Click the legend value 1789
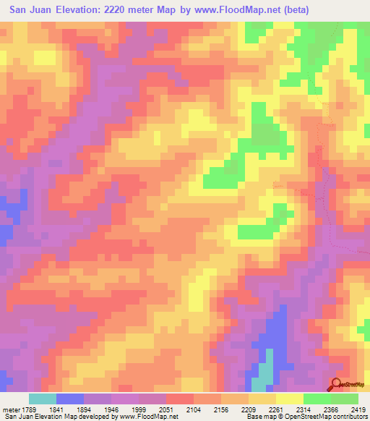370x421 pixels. tap(31, 409)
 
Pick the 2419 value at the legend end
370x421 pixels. tap(358, 409)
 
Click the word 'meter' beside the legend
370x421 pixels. tap(10, 409)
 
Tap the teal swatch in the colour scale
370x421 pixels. tap(43, 399)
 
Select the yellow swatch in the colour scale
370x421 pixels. tap(289, 399)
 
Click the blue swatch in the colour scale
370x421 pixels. tap(70, 399)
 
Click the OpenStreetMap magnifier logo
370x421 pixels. tap(337, 385)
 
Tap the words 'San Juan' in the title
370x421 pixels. tap(28, 10)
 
